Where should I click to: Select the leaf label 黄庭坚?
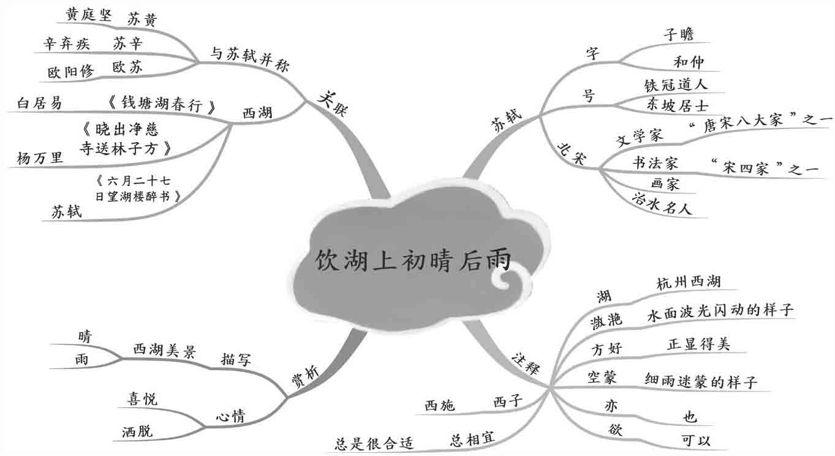pos(89,15)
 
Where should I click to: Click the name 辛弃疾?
pos(66,43)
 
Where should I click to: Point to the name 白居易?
pos(40,103)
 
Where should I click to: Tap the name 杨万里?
pos(40,159)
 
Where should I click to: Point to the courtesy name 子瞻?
pos(679,34)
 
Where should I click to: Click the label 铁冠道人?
pos(676,84)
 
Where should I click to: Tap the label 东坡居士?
pos(677,104)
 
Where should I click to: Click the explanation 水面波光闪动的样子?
pos(720,310)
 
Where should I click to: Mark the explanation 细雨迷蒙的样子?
pos(701,381)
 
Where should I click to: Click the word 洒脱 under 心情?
pos(138,431)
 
